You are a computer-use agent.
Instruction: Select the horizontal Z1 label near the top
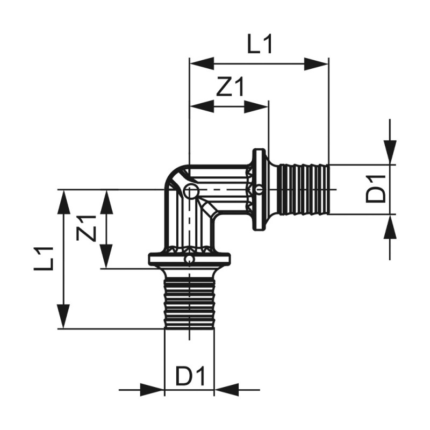[230, 87]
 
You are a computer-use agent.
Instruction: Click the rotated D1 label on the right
[376, 189]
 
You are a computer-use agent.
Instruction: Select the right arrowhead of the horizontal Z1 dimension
[256, 106]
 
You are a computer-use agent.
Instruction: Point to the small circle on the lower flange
[189, 260]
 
